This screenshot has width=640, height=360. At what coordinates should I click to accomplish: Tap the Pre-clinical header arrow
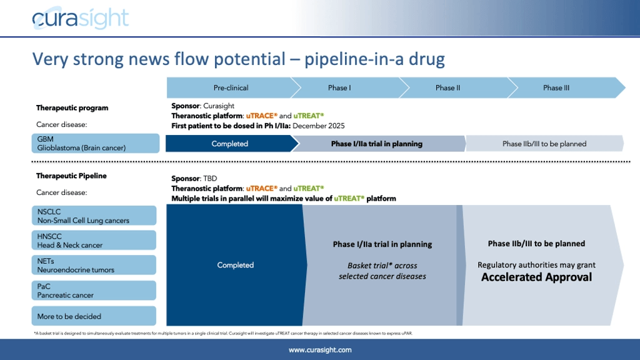231,87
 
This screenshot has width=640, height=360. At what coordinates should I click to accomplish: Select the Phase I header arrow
339,87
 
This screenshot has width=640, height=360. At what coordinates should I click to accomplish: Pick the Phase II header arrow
447,87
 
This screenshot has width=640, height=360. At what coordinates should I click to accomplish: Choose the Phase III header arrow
556,87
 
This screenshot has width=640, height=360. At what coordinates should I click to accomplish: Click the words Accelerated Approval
536,277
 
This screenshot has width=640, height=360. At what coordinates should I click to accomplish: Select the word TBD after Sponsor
206,178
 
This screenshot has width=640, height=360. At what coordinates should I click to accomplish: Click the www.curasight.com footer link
319,350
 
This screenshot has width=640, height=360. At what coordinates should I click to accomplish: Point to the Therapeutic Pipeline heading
71,176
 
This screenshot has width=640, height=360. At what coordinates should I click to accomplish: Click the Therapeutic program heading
72,107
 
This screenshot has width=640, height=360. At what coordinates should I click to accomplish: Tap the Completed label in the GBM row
229,144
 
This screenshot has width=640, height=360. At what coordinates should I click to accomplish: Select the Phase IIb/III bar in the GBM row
544,144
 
